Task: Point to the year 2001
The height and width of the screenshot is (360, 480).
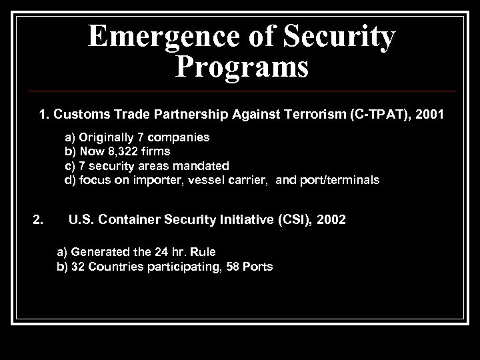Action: [x=424, y=115]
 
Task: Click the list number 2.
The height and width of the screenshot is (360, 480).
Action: [x=38, y=219]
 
